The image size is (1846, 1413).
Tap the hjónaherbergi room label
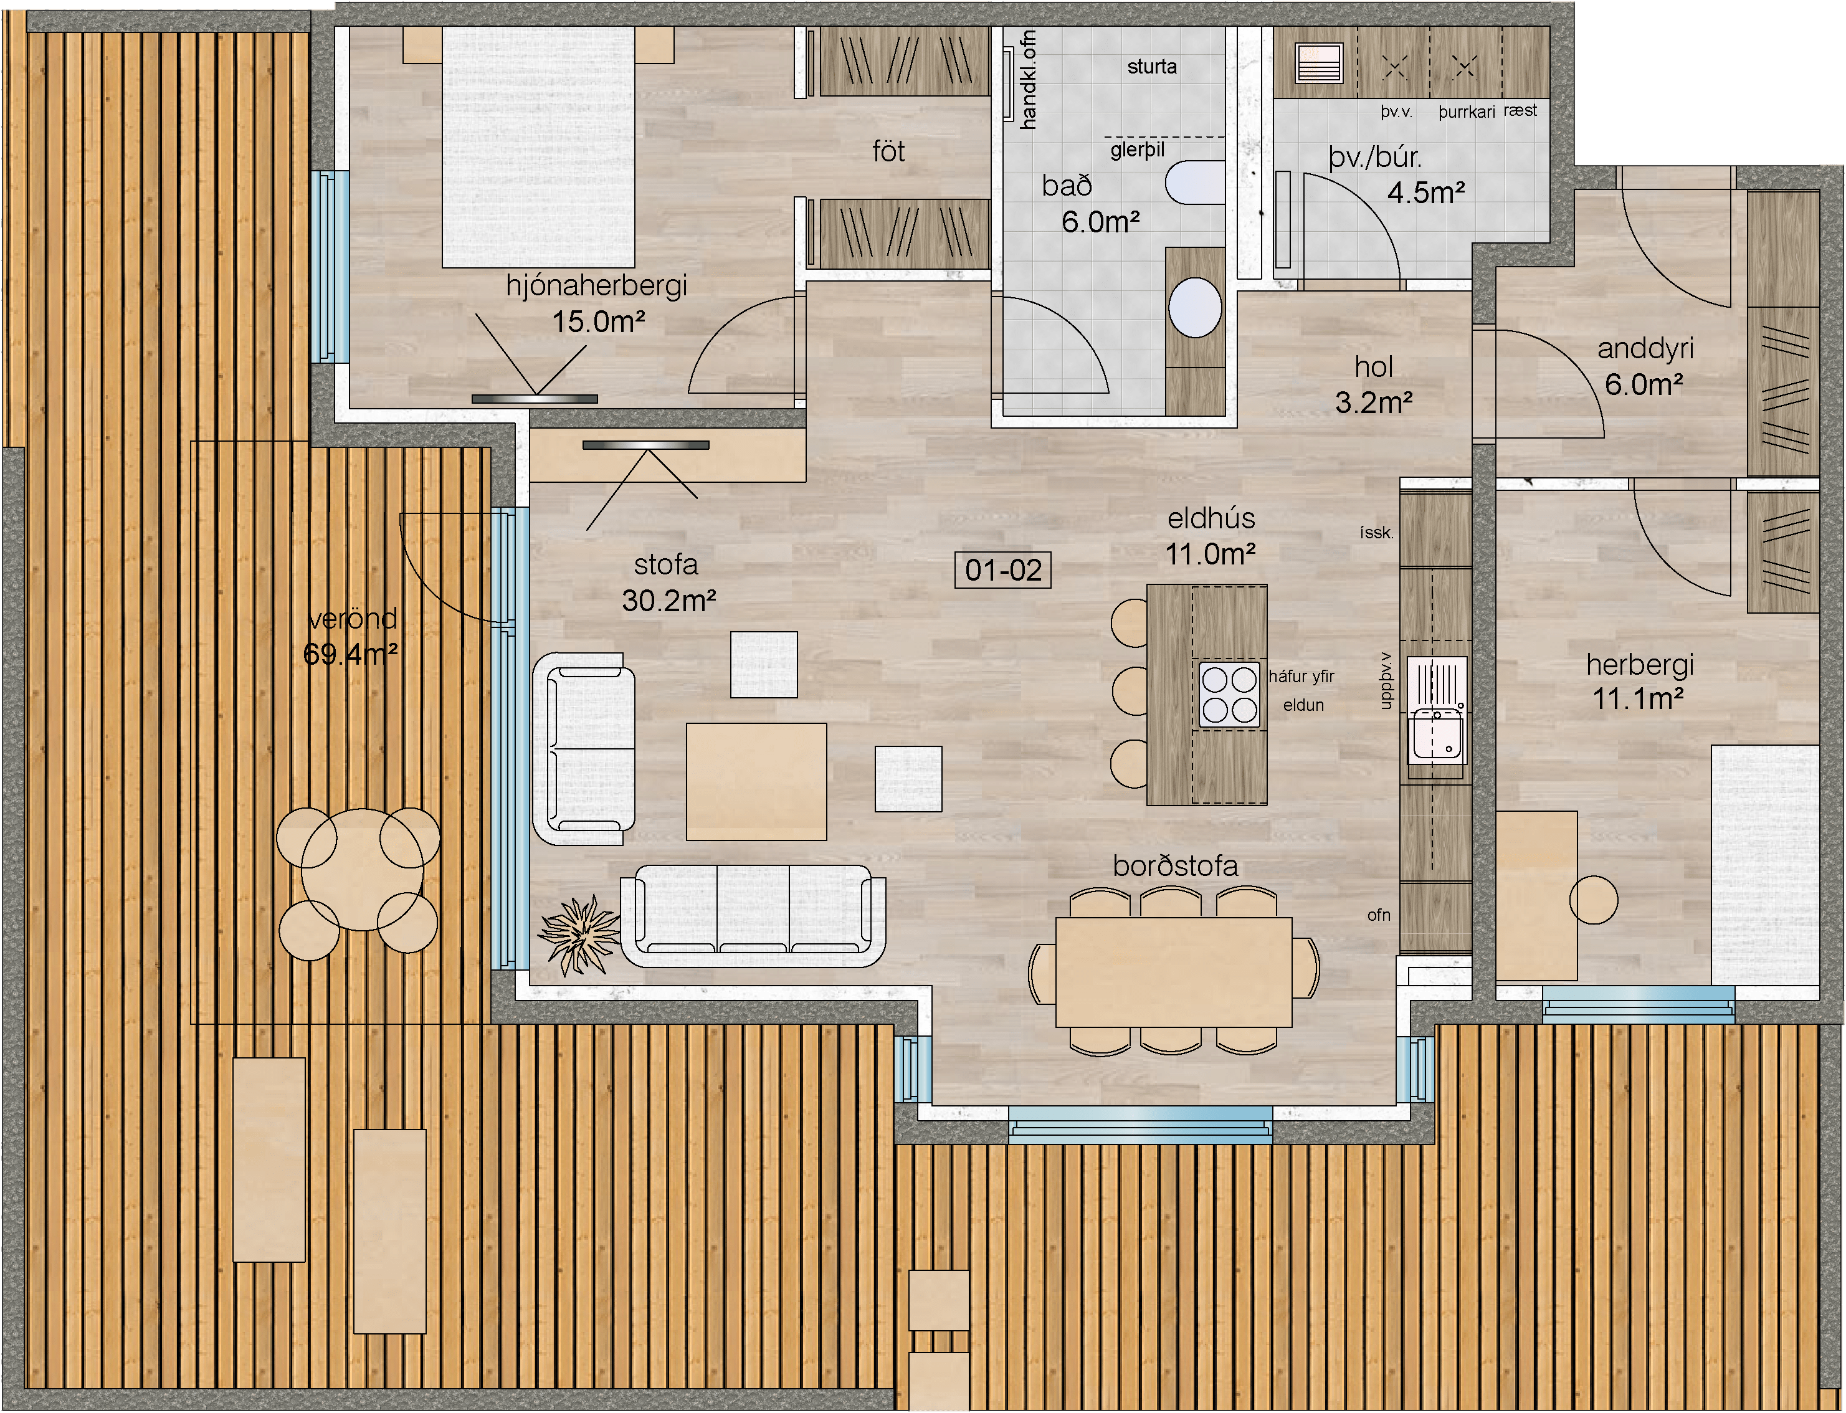596,286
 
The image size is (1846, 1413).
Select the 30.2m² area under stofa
668,601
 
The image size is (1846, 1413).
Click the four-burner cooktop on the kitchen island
1230,695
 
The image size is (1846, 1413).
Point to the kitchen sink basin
1438,735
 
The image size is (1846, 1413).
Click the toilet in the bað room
1195,182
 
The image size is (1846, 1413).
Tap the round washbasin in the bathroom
1195,308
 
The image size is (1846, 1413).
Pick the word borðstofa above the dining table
1175,866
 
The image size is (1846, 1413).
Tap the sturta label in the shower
1151,67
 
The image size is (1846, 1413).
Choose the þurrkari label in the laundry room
1466,113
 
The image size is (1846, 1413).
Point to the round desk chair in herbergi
1594,900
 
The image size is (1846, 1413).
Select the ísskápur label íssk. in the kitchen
1377,533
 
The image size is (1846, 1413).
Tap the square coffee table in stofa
756,781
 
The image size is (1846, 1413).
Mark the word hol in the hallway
1373,367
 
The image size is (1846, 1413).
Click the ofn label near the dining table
1378,915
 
